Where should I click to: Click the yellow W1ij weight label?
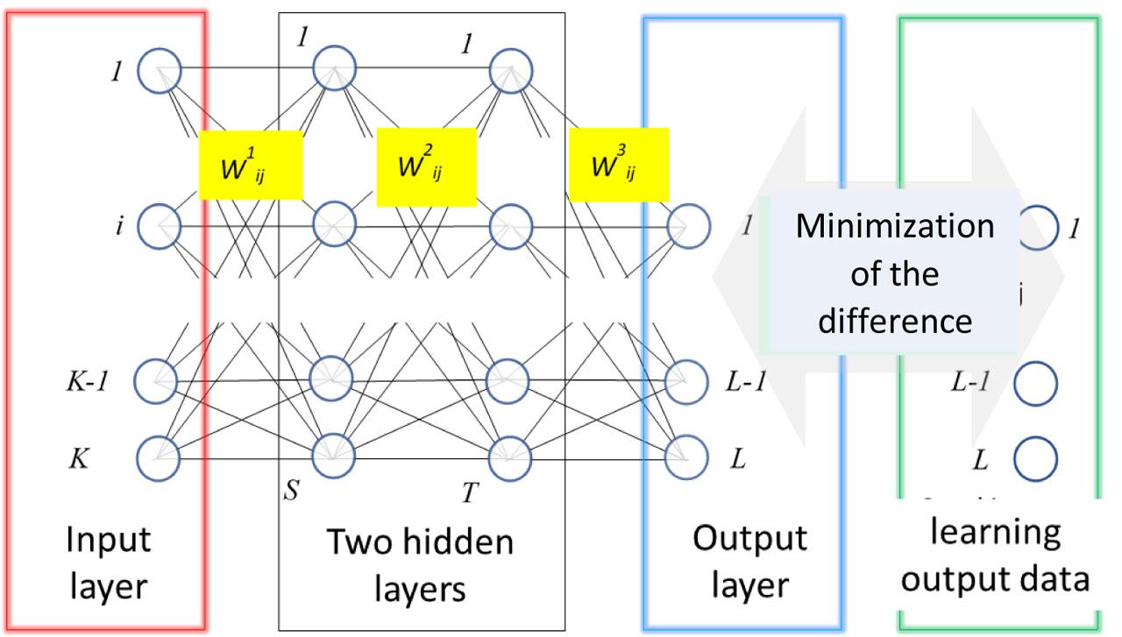(x=251, y=165)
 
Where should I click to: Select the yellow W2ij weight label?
(x=426, y=166)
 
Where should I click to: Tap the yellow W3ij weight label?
(x=619, y=165)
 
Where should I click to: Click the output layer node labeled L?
(x=687, y=457)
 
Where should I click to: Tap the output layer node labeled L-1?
(x=687, y=380)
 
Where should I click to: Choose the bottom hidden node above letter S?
(x=334, y=455)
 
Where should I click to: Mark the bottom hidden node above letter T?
(x=511, y=455)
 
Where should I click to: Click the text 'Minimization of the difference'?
(x=894, y=273)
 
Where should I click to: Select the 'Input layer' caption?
(x=108, y=562)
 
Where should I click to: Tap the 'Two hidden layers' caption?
(x=420, y=565)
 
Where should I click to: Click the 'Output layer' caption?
(x=749, y=562)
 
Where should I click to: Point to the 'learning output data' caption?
(x=996, y=556)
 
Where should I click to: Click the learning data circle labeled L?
(x=1035, y=457)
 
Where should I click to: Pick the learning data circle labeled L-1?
(x=1035, y=381)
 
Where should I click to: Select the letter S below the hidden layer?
(x=291, y=490)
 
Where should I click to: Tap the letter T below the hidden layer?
(x=470, y=493)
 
